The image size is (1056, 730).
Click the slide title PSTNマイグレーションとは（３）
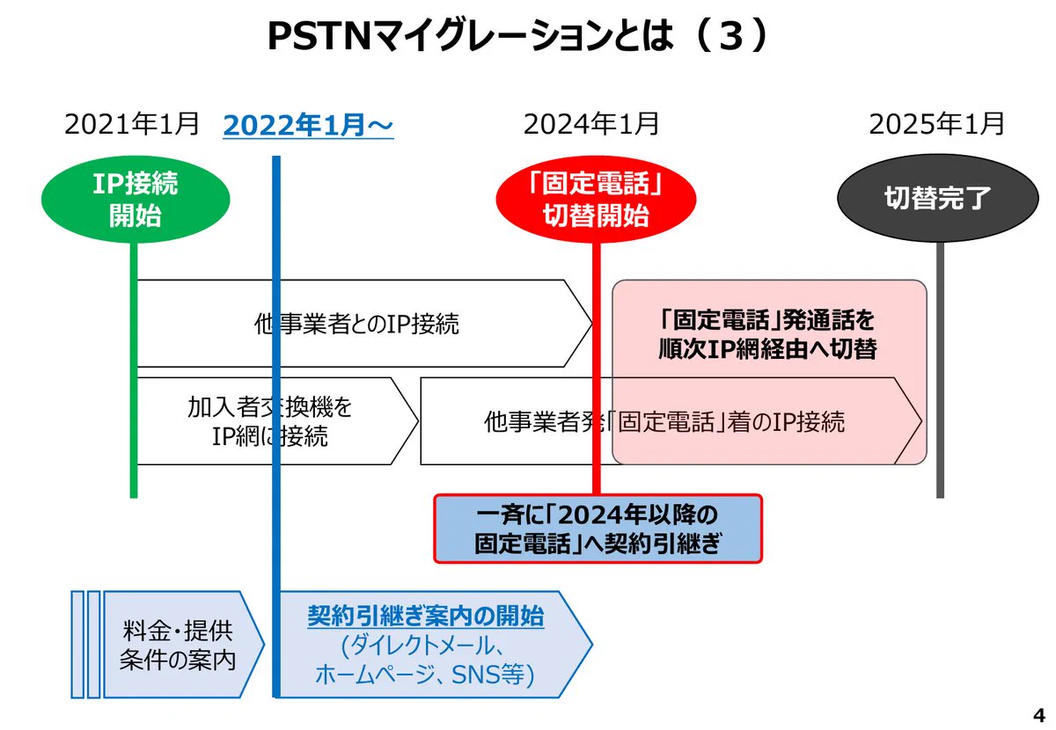518,38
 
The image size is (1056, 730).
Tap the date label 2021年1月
132,124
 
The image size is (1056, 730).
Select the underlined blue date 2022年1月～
308,126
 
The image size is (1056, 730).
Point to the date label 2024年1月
591,124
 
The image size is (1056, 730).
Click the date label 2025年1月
936,124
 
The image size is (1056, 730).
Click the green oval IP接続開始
136,199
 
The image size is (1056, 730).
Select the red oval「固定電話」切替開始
596,201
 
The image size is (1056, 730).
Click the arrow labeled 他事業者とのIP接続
356,324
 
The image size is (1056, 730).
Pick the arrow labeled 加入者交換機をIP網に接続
269,421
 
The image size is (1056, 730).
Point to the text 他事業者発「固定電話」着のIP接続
664,421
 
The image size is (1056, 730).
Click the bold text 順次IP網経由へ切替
767,348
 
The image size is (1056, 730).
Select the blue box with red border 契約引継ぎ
598,529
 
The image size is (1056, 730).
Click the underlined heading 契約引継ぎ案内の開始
426,617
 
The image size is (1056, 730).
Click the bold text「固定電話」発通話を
767,318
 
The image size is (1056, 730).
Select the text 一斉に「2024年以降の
598,514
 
